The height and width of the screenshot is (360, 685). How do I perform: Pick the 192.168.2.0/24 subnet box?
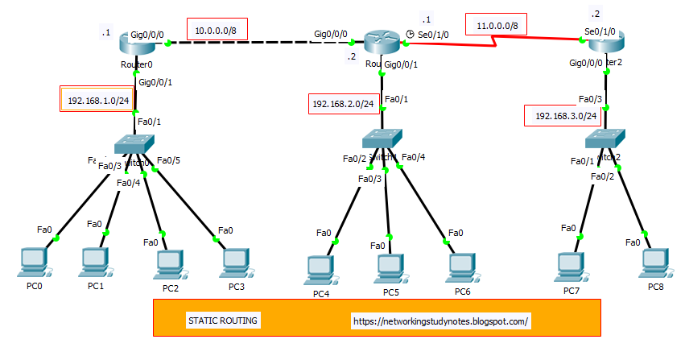pyautogui.click(x=343, y=104)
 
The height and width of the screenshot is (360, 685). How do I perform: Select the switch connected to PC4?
pyautogui.click(x=382, y=138)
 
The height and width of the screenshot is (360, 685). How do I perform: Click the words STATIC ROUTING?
pyautogui.click(x=223, y=321)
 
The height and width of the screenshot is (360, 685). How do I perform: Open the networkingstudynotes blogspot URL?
pyautogui.click(x=440, y=321)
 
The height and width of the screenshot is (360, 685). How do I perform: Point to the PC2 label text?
pyautogui.click(x=170, y=288)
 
